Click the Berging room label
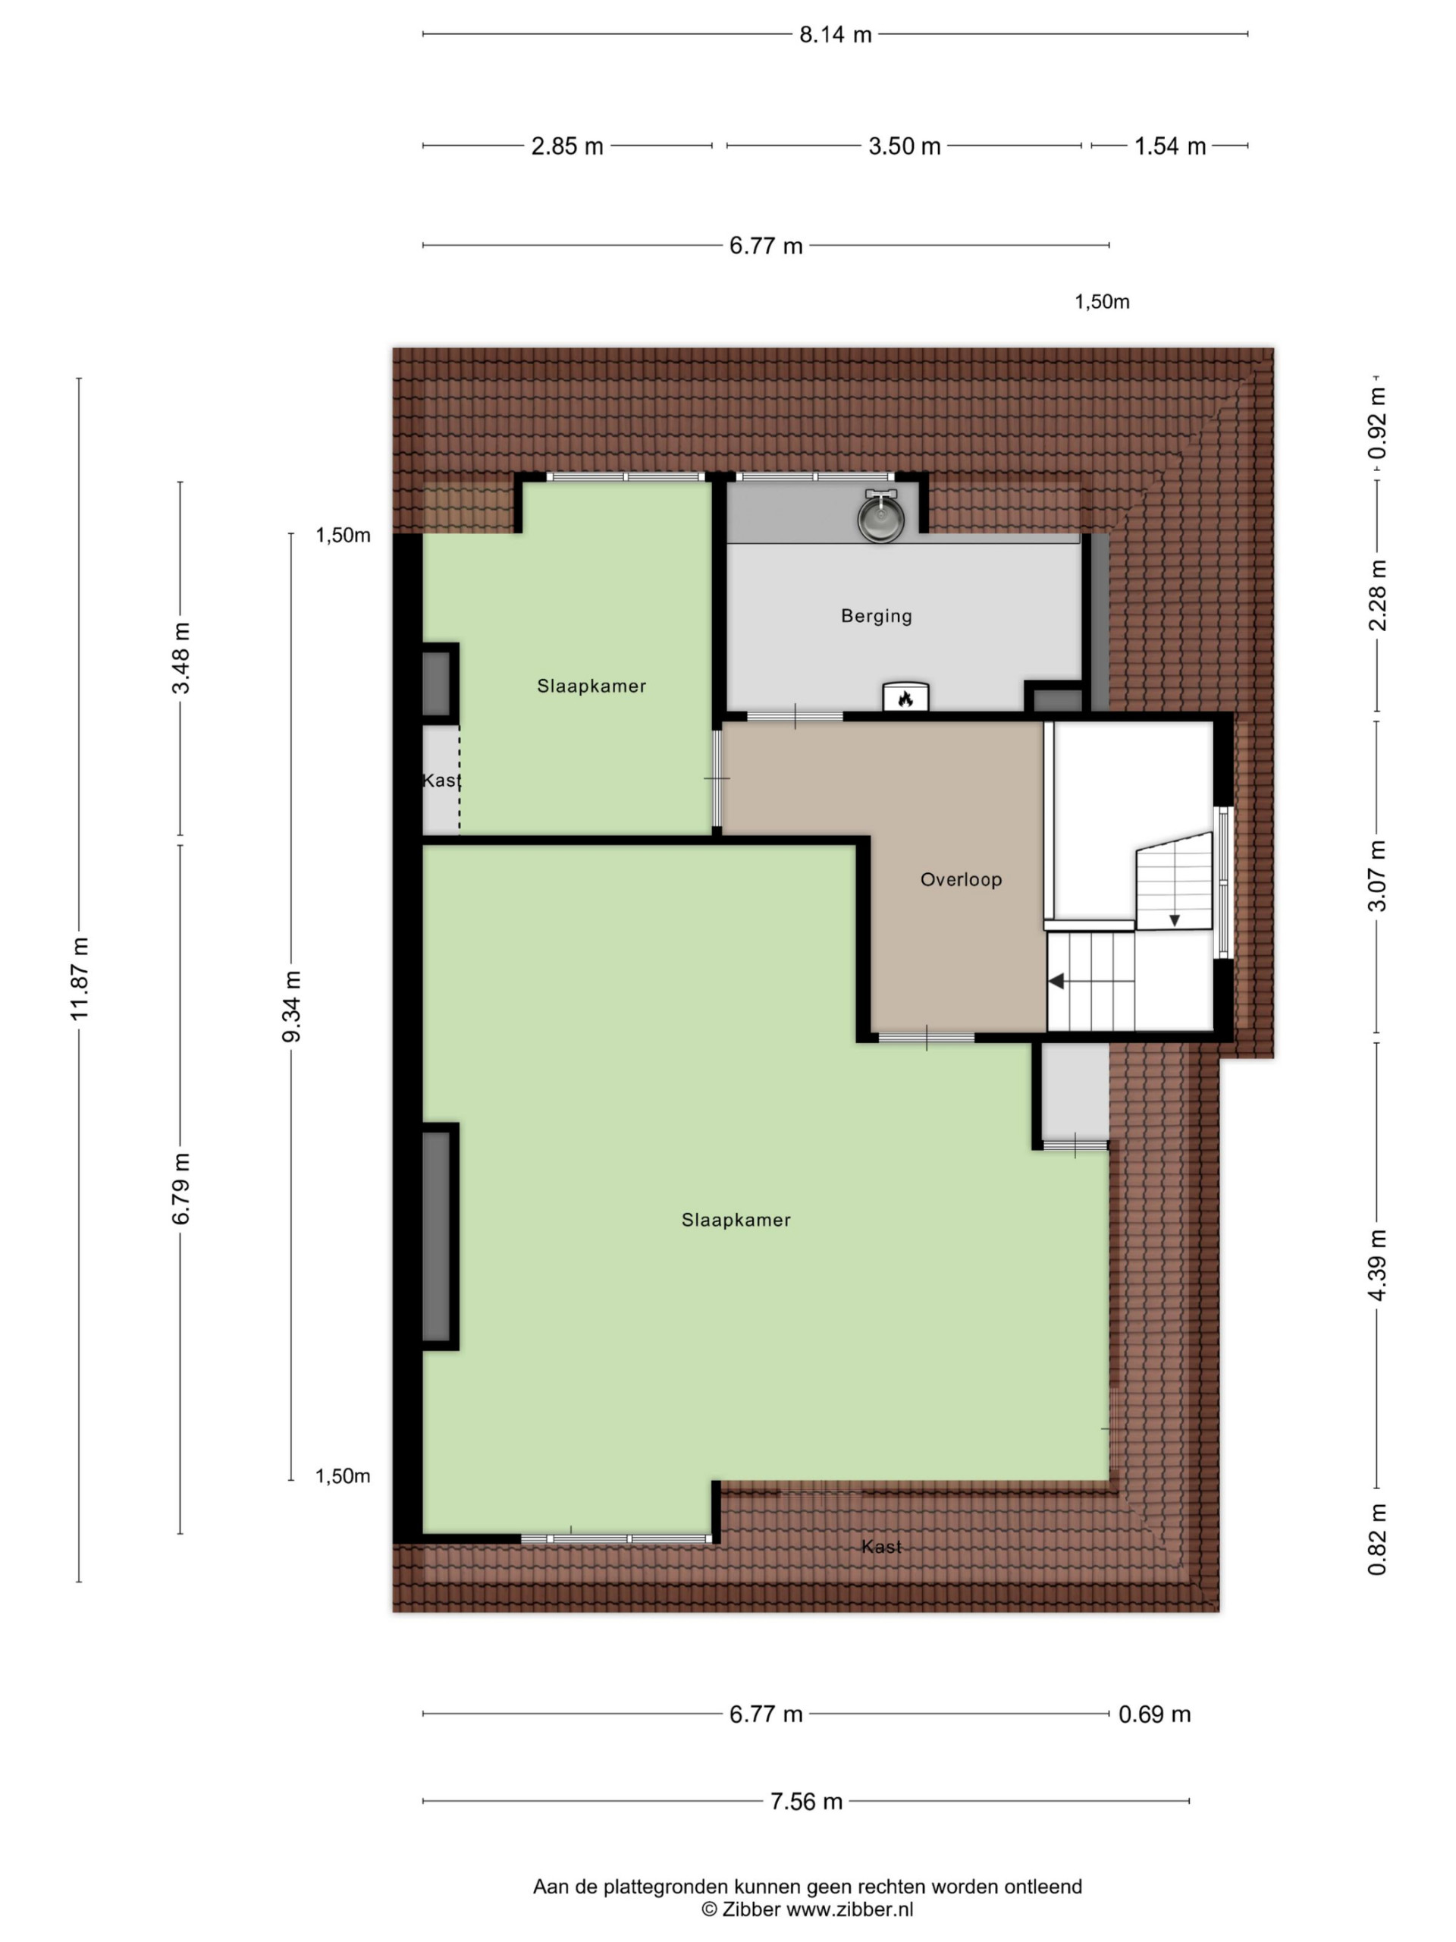click(x=876, y=615)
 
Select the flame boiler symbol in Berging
click(x=905, y=697)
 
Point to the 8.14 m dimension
click(x=835, y=34)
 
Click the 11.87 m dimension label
click(x=80, y=979)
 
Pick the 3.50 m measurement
click(x=904, y=146)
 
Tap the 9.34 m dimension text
click(x=291, y=1006)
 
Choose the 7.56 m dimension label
click(x=805, y=1802)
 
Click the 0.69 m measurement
click(x=1154, y=1714)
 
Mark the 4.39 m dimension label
click(x=1377, y=1265)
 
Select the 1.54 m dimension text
click(x=1170, y=146)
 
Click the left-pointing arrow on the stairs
click(x=1056, y=981)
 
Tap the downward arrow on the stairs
click(x=1174, y=919)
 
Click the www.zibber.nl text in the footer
click(x=849, y=1909)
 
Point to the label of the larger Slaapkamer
click(x=736, y=1220)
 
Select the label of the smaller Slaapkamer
click(x=591, y=686)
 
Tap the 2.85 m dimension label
click(x=567, y=146)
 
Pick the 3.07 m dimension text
click(x=1377, y=875)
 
